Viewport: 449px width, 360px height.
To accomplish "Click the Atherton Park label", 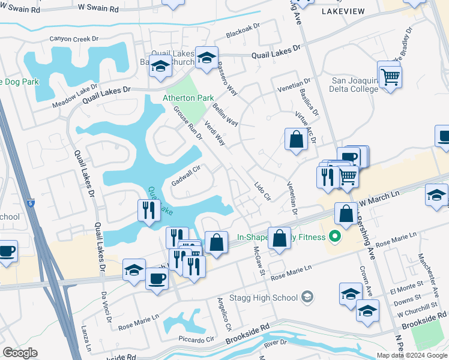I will pos(188,98).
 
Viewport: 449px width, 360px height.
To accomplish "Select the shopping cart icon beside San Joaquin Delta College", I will pos(390,77).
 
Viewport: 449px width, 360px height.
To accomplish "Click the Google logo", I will pos(20,353).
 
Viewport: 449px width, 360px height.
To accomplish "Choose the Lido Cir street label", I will pos(263,191).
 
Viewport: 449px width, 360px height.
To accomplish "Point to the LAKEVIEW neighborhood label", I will pos(343,11).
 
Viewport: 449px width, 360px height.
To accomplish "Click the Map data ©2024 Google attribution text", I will pos(411,355).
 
